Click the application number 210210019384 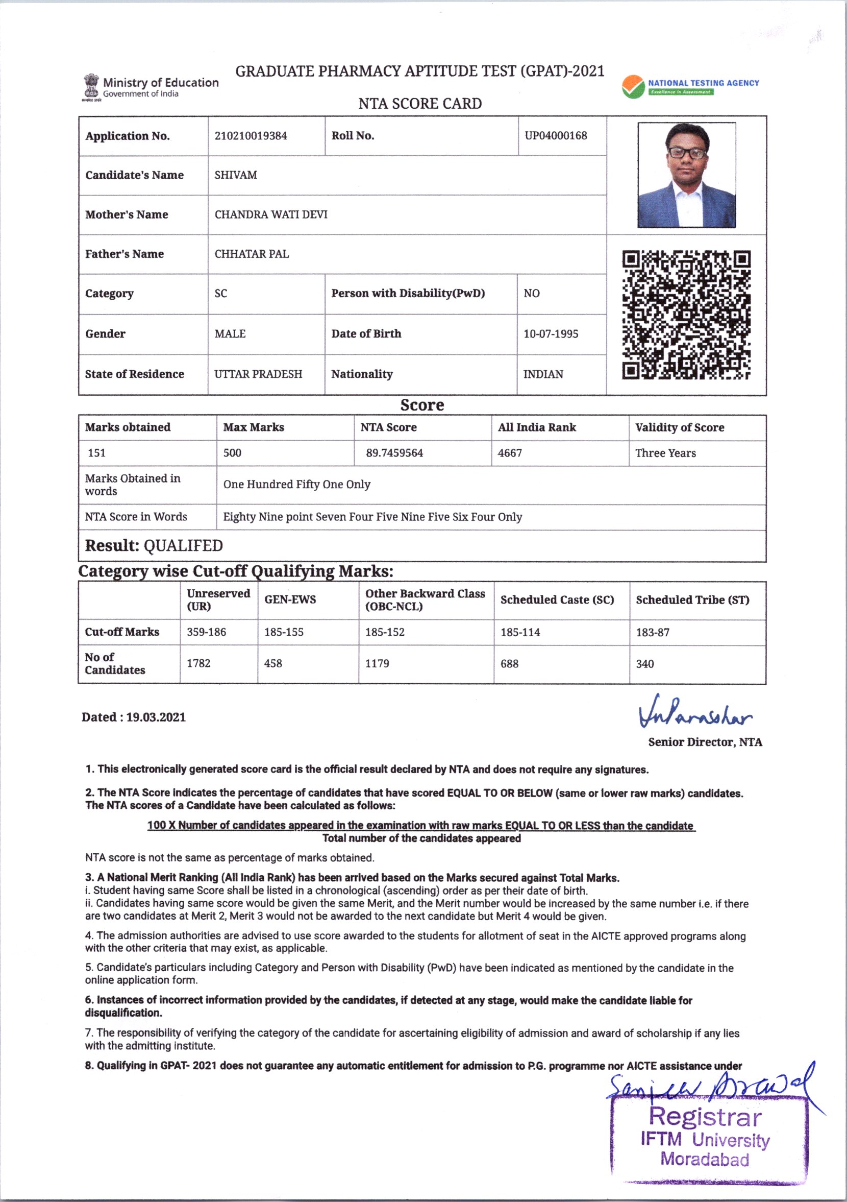[251, 136]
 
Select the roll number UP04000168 [556, 136]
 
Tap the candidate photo [686, 175]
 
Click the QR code [686, 315]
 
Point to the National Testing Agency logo [633, 87]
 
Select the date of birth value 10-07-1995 [551, 334]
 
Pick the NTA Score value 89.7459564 [394, 453]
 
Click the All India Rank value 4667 [510, 453]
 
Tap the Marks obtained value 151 [97, 453]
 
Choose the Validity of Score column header [680, 427]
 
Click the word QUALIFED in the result [183, 546]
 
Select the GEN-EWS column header [290, 600]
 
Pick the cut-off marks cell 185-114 [520, 633]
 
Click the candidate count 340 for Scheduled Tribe [644, 664]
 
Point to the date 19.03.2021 [156, 717]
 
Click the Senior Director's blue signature [695, 713]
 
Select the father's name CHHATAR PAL [252, 254]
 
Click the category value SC [221, 294]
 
